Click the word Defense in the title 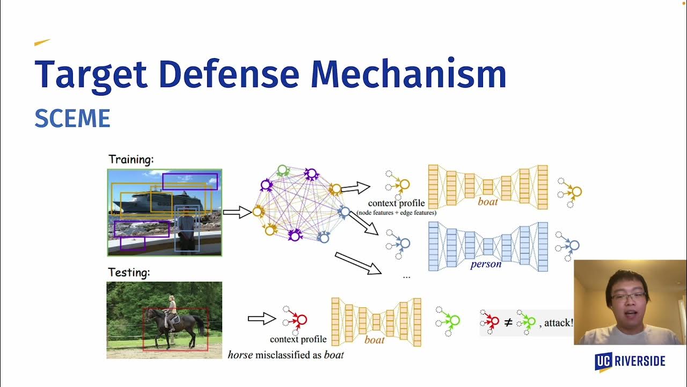pyautogui.click(x=229, y=74)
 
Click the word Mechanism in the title pyautogui.click(x=408, y=73)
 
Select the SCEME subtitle pyautogui.click(x=72, y=118)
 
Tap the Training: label pyautogui.click(x=131, y=160)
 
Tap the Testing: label pyautogui.click(x=129, y=273)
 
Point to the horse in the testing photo pyautogui.click(x=175, y=327)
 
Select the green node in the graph pyautogui.click(x=282, y=170)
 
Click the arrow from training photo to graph pyautogui.click(x=237, y=212)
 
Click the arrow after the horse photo pyautogui.click(x=261, y=319)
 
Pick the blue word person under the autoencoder pyautogui.click(x=486, y=264)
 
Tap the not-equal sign pyautogui.click(x=508, y=322)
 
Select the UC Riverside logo pyautogui.click(x=630, y=362)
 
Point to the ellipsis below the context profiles pyautogui.click(x=406, y=277)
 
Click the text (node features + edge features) pyautogui.click(x=396, y=212)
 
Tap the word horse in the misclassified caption pyautogui.click(x=240, y=355)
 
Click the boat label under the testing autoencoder pyautogui.click(x=375, y=340)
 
